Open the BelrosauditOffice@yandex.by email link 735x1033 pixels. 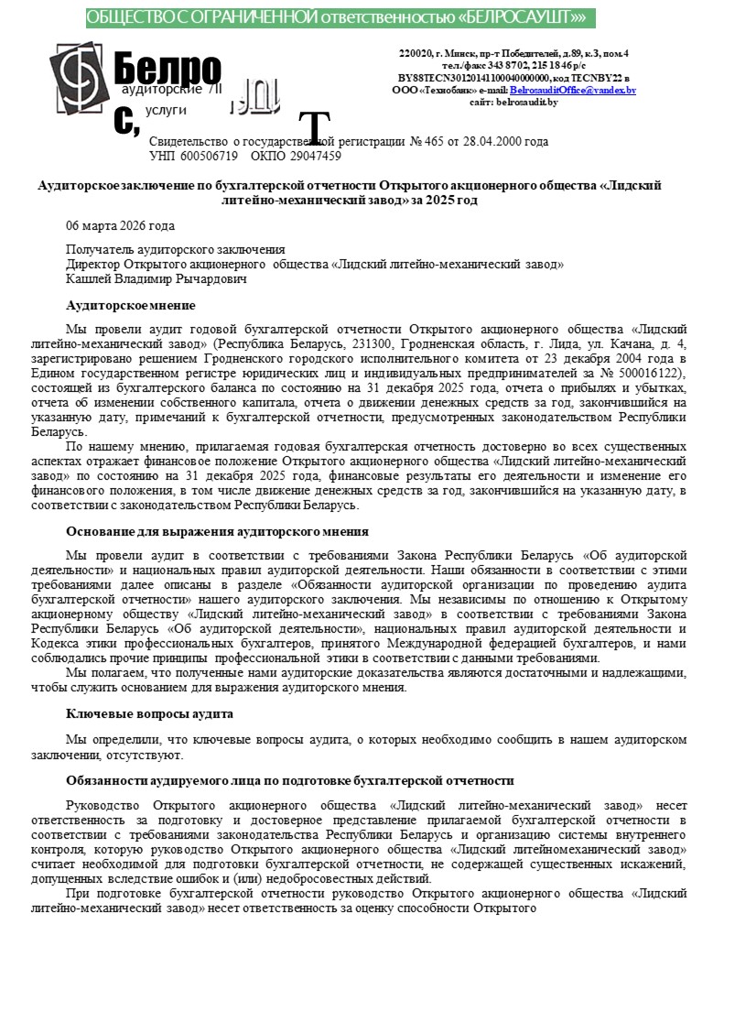point(572,91)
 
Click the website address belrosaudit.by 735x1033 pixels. point(526,103)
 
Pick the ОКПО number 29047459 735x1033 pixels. point(310,156)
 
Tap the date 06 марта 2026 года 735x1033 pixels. point(120,225)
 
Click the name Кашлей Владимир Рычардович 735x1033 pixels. point(157,278)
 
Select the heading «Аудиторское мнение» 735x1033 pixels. point(130,305)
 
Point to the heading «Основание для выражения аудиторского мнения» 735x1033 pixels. point(217,530)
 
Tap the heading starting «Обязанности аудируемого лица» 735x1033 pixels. point(289,780)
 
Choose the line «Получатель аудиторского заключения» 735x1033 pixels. point(175,249)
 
